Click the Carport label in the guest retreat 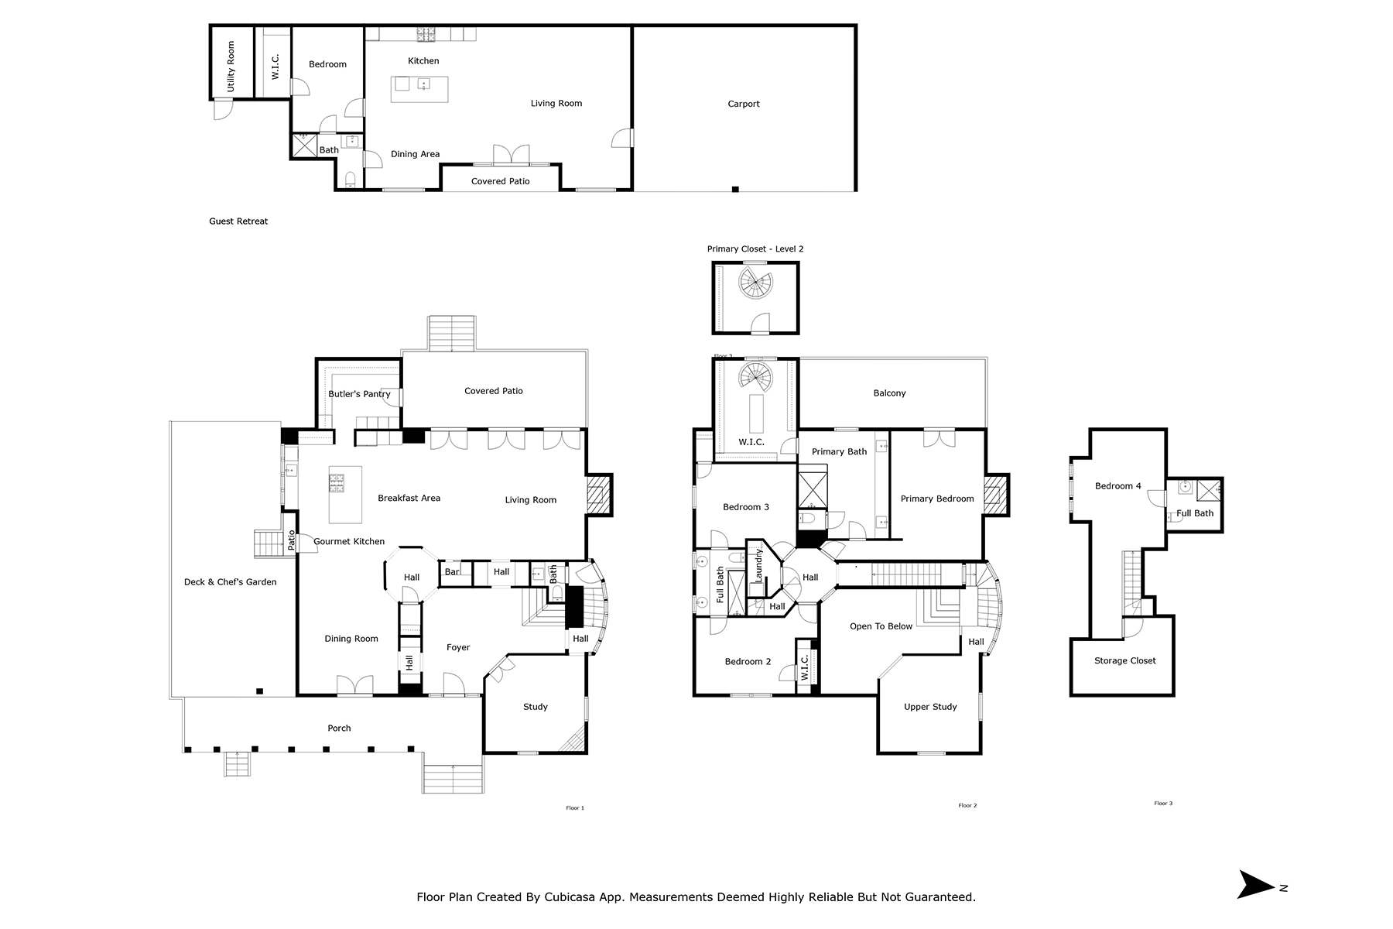[743, 104]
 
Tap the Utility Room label [231, 67]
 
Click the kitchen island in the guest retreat [419, 89]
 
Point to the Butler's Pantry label [359, 394]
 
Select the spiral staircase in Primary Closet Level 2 [755, 283]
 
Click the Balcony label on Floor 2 [889, 393]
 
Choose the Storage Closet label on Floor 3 [1124, 660]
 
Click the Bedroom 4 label [1117, 486]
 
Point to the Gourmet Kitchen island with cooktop [345, 494]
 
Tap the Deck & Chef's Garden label [230, 582]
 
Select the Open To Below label [881, 626]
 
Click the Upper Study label [930, 707]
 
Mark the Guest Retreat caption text [238, 221]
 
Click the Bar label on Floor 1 [452, 572]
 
